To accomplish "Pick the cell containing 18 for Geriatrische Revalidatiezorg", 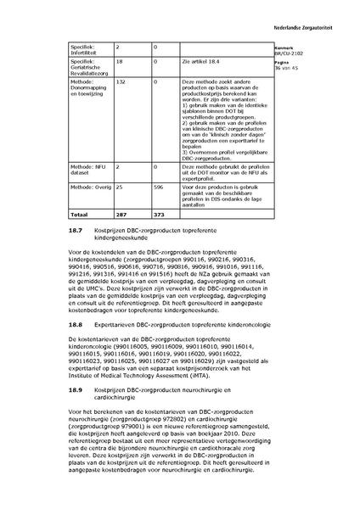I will (119, 62).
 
